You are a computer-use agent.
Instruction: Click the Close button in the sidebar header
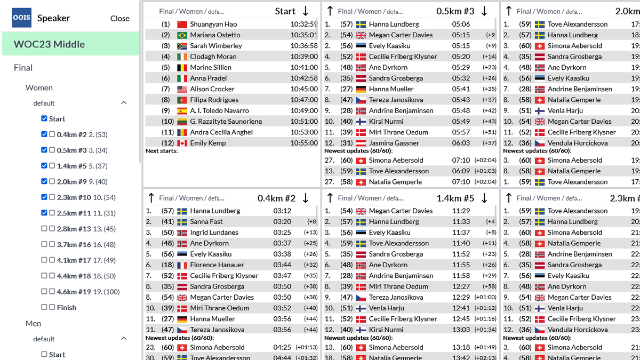(x=119, y=18)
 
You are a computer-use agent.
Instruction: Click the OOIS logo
(x=22, y=18)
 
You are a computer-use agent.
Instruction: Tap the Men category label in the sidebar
(x=33, y=323)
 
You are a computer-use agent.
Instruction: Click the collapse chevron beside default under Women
(x=124, y=103)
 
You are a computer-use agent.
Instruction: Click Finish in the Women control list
(x=67, y=307)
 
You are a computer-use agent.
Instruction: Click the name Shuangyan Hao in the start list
(x=213, y=24)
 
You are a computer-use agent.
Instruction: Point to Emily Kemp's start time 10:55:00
(x=303, y=143)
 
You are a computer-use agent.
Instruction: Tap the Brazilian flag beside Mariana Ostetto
(x=182, y=35)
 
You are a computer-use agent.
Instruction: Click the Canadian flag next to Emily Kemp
(x=182, y=143)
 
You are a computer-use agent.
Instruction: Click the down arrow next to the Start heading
(x=306, y=11)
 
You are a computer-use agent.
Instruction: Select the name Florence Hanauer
(x=217, y=265)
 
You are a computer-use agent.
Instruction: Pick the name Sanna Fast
(x=206, y=221)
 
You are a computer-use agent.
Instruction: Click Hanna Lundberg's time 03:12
(x=282, y=211)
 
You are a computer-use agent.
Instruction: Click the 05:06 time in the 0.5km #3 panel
(x=461, y=24)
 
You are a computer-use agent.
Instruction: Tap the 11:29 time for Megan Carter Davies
(x=461, y=211)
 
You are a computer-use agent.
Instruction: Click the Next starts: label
(x=162, y=151)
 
